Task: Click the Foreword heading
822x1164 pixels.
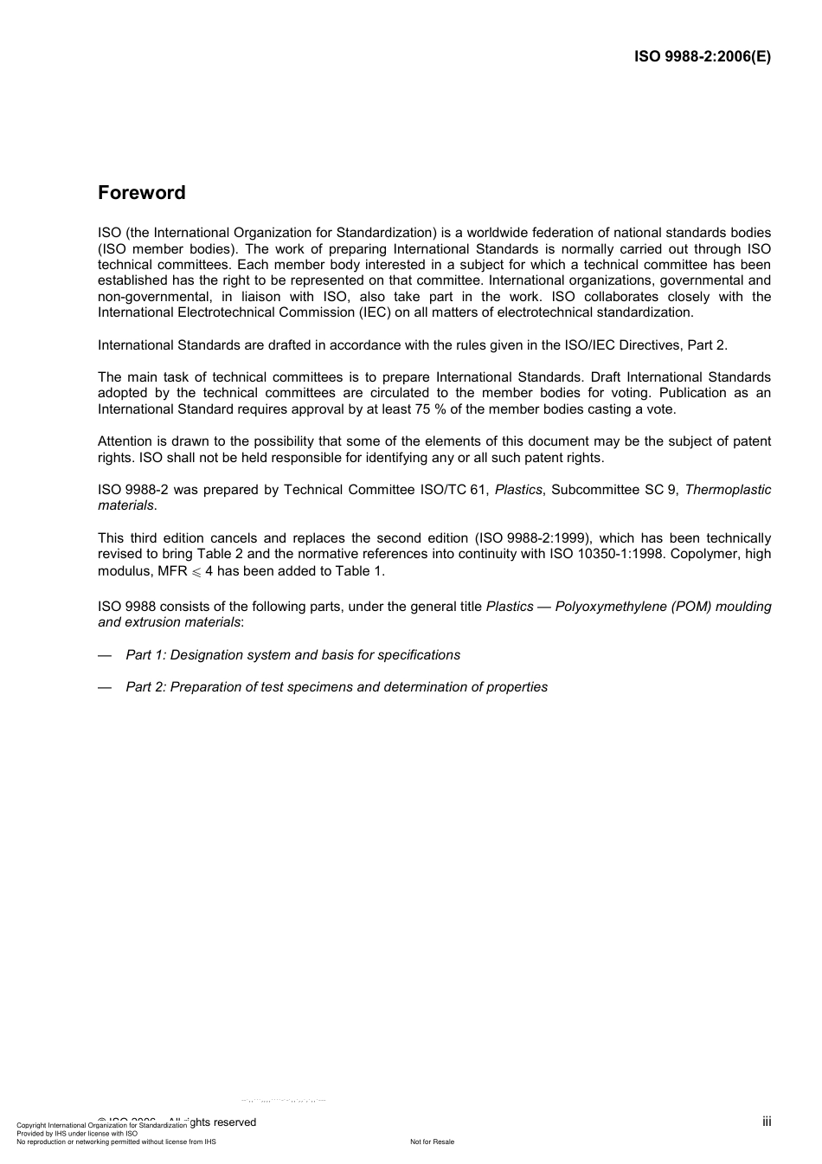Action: tap(141, 193)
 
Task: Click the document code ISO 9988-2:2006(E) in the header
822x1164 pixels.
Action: tap(702, 57)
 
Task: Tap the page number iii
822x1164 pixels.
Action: tap(767, 1122)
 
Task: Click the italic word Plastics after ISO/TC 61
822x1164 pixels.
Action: tap(517, 490)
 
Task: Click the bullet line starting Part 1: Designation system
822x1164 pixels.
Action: tap(292, 655)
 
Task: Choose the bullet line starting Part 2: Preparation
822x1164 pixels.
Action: tap(336, 687)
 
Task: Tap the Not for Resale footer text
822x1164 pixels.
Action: tap(432, 1141)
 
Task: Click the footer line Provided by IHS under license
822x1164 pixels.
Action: tap(77, 1133)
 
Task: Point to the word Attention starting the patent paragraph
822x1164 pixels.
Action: tap(125, 441)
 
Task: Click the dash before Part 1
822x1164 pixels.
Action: tap(105, 655)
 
